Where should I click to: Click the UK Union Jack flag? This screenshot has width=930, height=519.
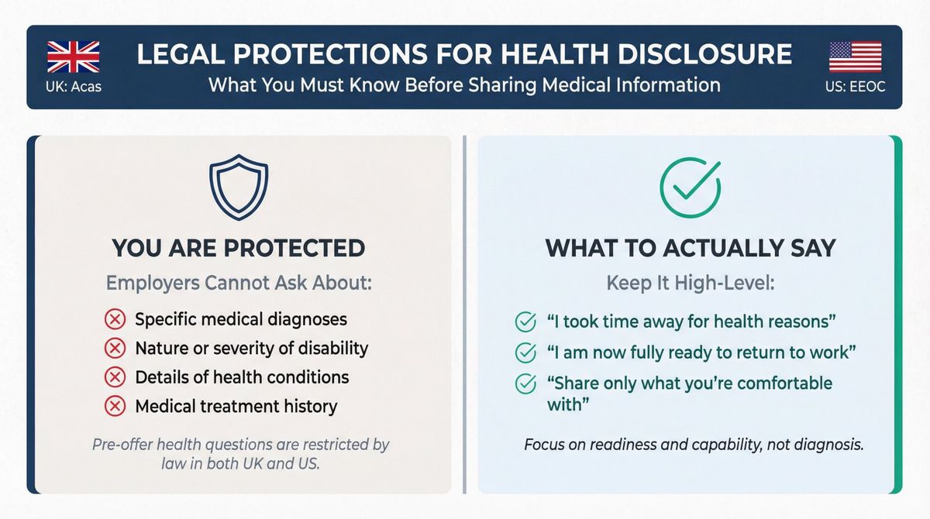74,57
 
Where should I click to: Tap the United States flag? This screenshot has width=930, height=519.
856,57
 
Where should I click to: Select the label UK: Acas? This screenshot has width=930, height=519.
74,86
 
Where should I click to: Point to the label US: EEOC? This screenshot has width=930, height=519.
856,86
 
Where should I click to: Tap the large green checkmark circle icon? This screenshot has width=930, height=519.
689,187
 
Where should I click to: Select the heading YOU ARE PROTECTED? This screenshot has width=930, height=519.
239,248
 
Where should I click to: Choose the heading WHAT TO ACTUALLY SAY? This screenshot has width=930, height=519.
691,248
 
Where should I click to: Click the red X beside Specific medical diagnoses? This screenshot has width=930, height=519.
115,320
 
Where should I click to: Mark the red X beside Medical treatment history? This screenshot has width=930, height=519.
115,406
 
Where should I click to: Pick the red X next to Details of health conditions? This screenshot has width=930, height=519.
115,377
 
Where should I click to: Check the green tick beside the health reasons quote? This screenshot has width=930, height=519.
525,321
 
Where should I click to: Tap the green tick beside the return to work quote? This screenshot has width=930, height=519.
525,352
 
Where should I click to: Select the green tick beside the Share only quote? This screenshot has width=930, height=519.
525,383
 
